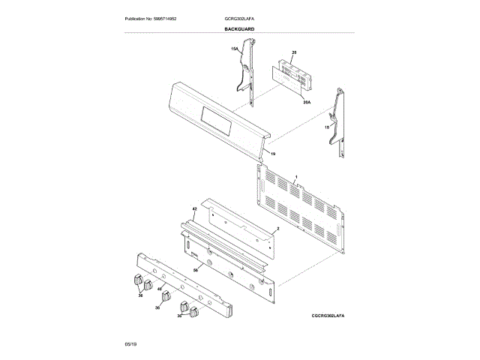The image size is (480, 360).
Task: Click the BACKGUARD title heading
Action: (x=239, y=28)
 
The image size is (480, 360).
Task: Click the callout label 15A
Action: (x=234, y=49)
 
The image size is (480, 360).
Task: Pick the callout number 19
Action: (x=273, y=154)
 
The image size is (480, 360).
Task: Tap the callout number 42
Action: (x=194, y=207)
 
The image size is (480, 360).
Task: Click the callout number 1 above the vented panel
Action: (x=297, y=177)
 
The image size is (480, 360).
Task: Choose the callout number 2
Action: (x=278, y=228)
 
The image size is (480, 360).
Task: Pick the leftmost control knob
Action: (x=136, y=280)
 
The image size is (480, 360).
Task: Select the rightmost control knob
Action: (x=195, y=312)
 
